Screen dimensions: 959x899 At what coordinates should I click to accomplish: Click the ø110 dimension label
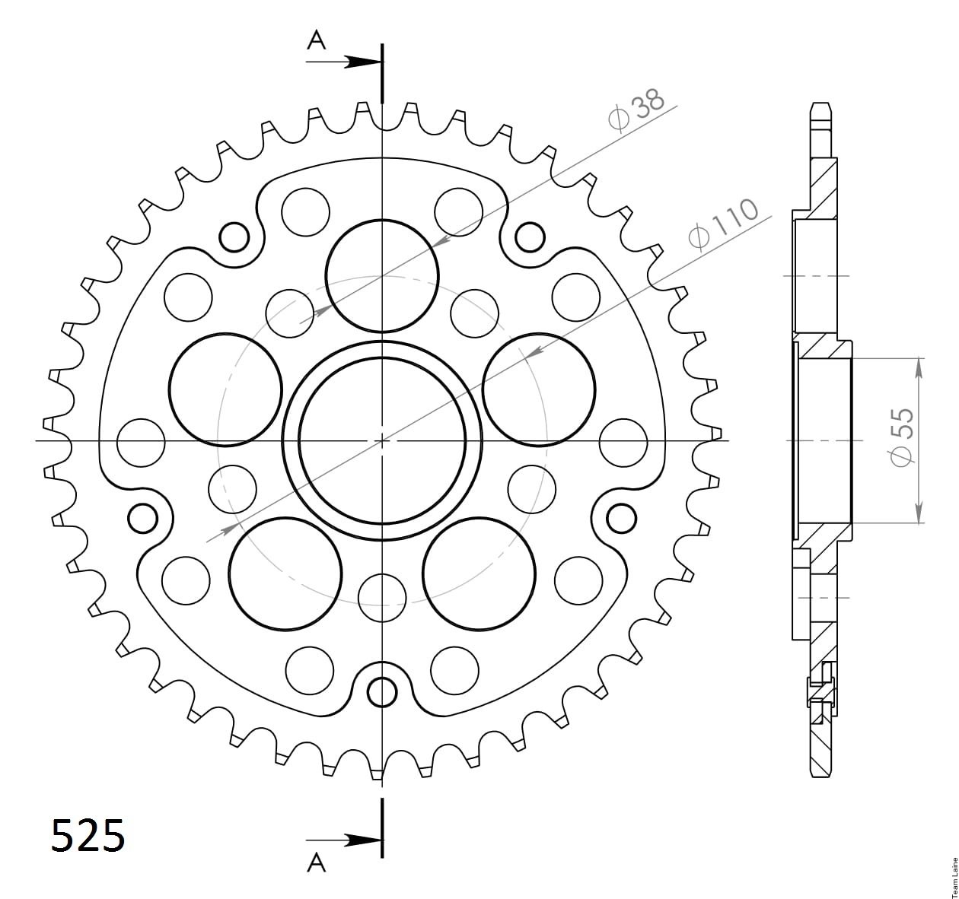point(723,224)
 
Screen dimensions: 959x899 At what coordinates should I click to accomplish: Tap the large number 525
point(88,835)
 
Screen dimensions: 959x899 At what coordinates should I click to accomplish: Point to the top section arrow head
point(362,62)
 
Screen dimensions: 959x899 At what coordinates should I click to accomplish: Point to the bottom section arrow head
point(362,840)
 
